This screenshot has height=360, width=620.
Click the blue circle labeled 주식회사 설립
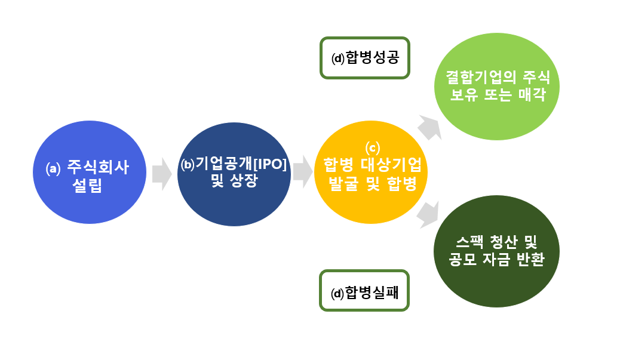[x=90, y=173]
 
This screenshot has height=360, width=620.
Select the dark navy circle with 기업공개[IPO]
[x=234, y=174]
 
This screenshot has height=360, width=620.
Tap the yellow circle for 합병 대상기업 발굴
[x=371, y=173]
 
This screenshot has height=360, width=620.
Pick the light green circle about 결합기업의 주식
[x=496, y=87]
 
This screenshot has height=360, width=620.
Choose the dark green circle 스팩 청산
[x=496, y=251]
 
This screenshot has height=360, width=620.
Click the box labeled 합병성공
[x=364, y=58]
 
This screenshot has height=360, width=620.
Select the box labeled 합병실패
[x=364, y=291]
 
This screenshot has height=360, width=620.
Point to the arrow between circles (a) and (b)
[x=162, y=174]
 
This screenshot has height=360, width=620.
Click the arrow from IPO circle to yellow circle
[x=303, y=171]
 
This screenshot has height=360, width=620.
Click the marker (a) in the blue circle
[x=53, y=169]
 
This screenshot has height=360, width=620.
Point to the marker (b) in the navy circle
[x=188, y=164]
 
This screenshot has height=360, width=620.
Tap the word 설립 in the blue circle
[x=87, y=185]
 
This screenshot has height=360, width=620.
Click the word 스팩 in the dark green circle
[x=469, y=241]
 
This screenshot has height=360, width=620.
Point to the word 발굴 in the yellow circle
[x=343, y=184]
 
